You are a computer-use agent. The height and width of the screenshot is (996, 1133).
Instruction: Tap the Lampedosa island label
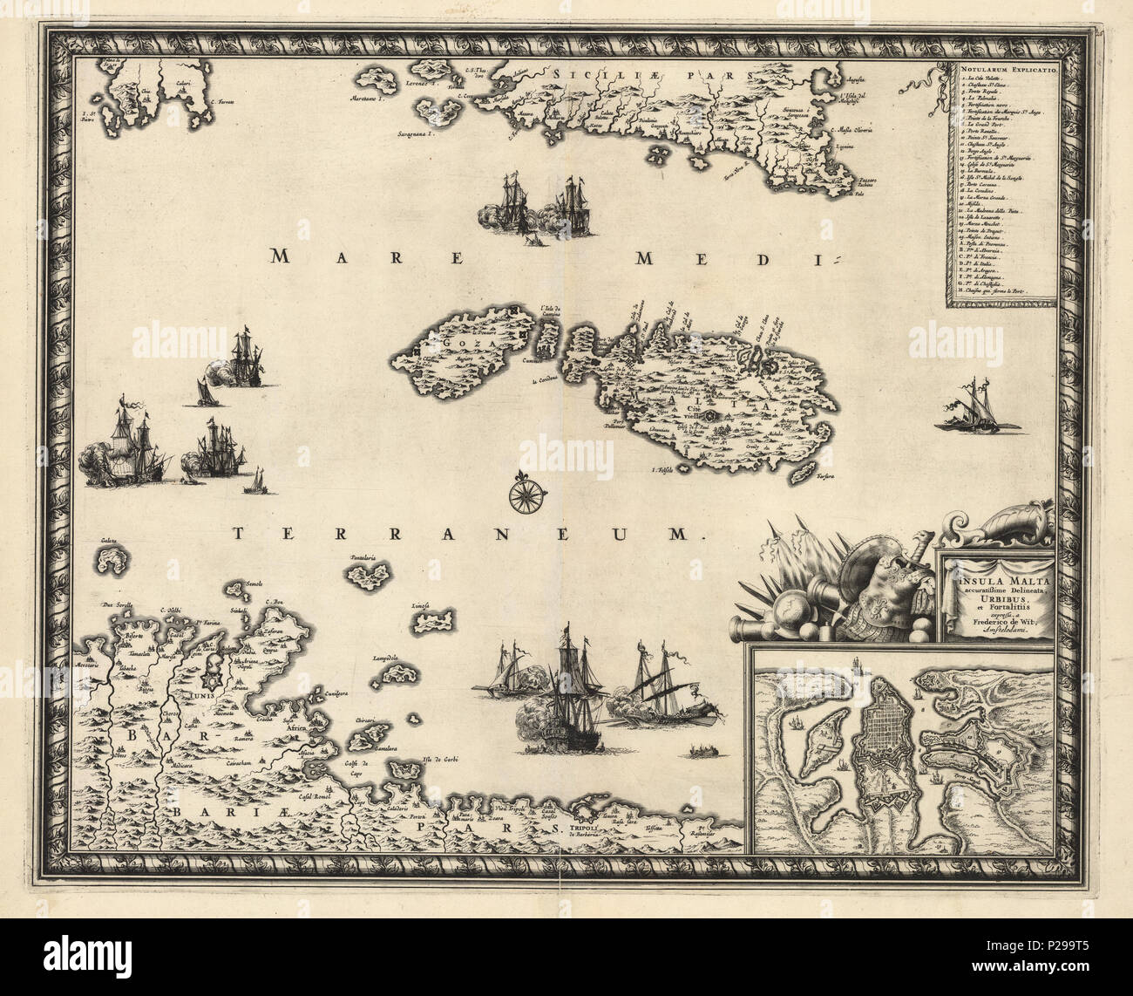[385, 658]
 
